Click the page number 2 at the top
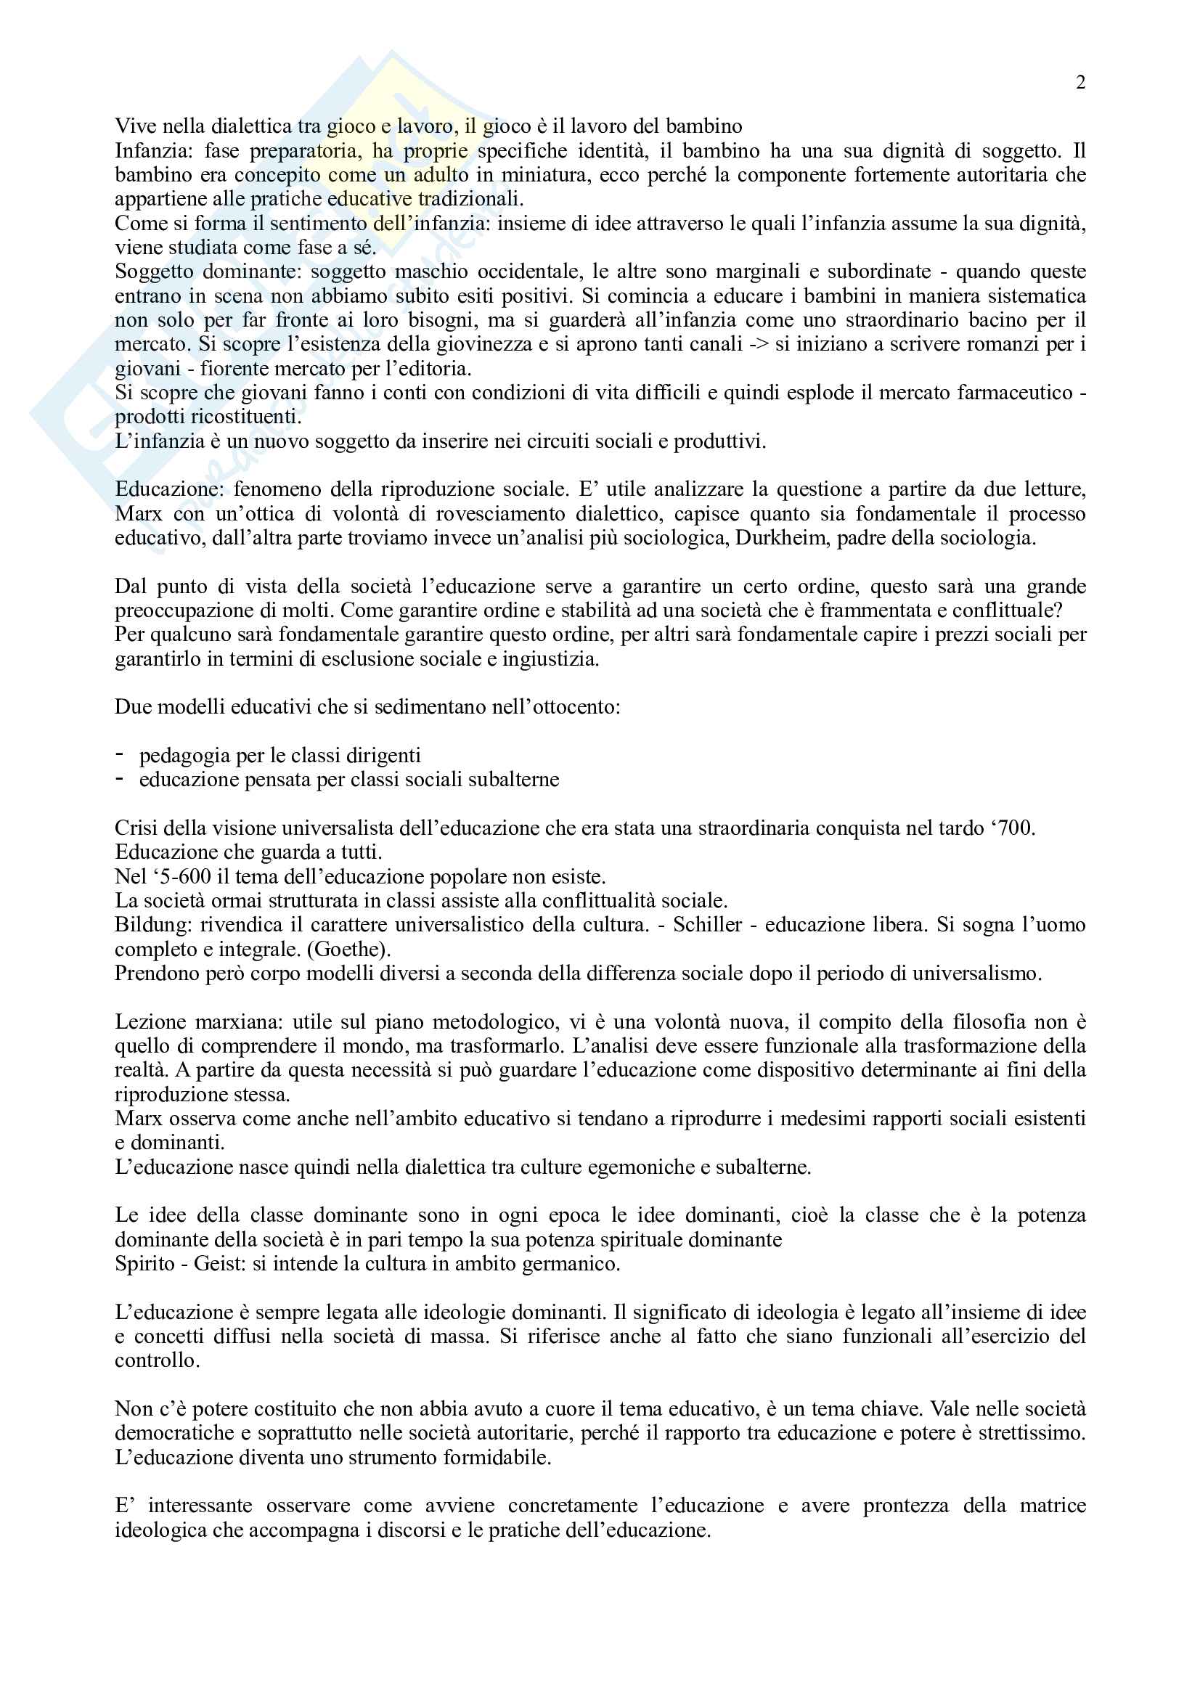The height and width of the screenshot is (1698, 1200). [1080, 83]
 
